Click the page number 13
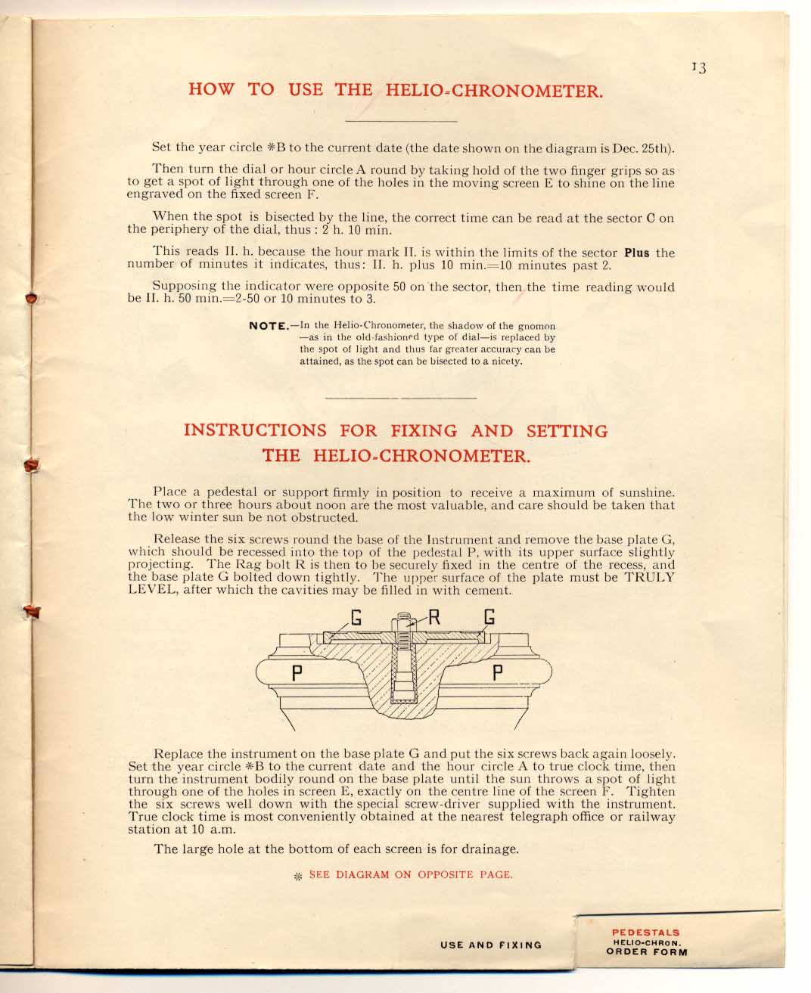click(x=698, y=68)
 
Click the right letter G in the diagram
click(x=489, y=617)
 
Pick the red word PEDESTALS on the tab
click(x=645, y=932)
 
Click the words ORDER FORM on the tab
click(x=647, y=952)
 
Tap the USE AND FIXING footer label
click(x=491, y=945)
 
